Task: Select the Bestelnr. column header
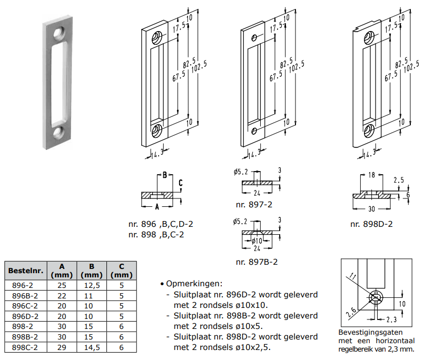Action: [25, 271]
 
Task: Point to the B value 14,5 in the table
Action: [92, 347]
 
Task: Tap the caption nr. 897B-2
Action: [257, 262]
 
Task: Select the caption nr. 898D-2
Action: [371, 224]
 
